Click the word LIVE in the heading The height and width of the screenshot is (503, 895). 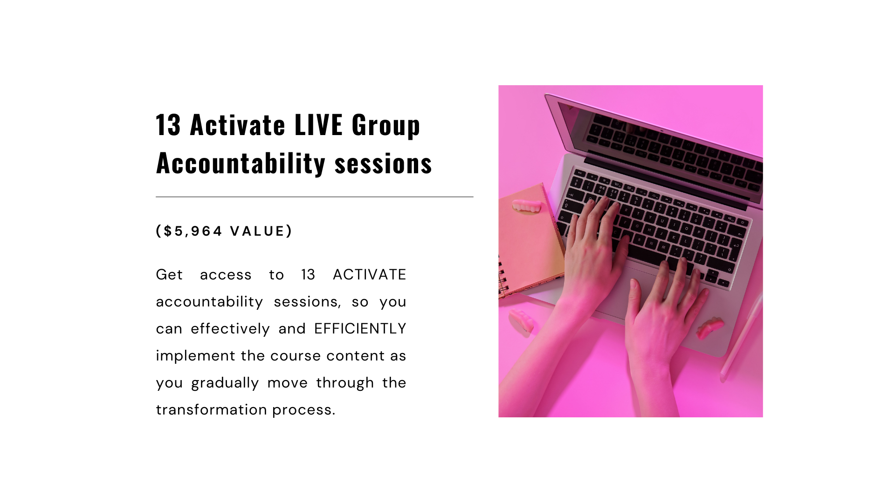[318, 125]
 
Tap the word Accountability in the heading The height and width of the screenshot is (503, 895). [241, 163]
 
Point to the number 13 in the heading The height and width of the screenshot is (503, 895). [168, 125]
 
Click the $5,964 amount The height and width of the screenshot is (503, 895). [193, 231]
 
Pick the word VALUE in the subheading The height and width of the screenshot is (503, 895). [257, 231]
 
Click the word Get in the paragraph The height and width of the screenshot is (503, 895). [169, 275]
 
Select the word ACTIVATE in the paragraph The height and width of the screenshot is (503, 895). [369, 275]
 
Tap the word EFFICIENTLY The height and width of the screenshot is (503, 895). [360, 329]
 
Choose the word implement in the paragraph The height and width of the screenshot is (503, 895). [195, 356]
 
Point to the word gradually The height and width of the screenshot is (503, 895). [225, 383]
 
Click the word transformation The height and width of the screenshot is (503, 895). [211, 410]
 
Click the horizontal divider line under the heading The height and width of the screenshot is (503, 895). [315, 197]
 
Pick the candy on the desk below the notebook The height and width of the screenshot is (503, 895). [521, 320]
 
